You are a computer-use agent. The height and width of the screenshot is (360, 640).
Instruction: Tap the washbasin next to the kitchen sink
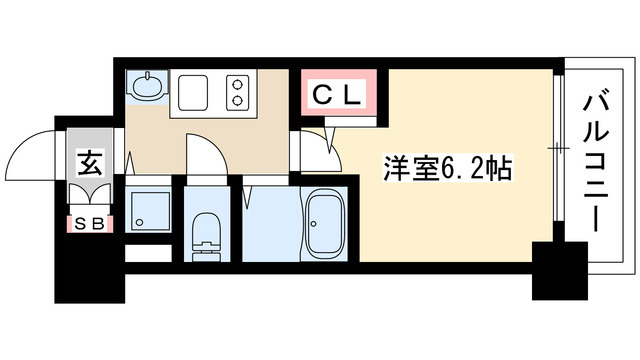(146, 86)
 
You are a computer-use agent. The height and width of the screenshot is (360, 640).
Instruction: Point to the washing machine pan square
(147, 213)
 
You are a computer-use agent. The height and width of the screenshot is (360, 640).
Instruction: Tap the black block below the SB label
(87, 262)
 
